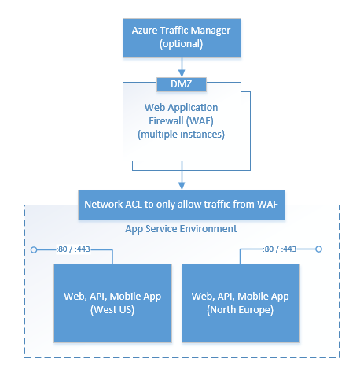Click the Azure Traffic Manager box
click(x=181, y=36)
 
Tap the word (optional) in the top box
click(x=181, y=44)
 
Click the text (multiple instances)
click(x=181, y=135)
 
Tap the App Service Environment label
click(x=181, y=230)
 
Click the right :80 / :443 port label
click(x=279, y=249)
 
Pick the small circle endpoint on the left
click(x=33, y=250)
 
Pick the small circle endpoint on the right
click(x=319, y=250)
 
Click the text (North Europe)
click(x=241, y=311)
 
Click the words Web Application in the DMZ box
click(x=181, y=107)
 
